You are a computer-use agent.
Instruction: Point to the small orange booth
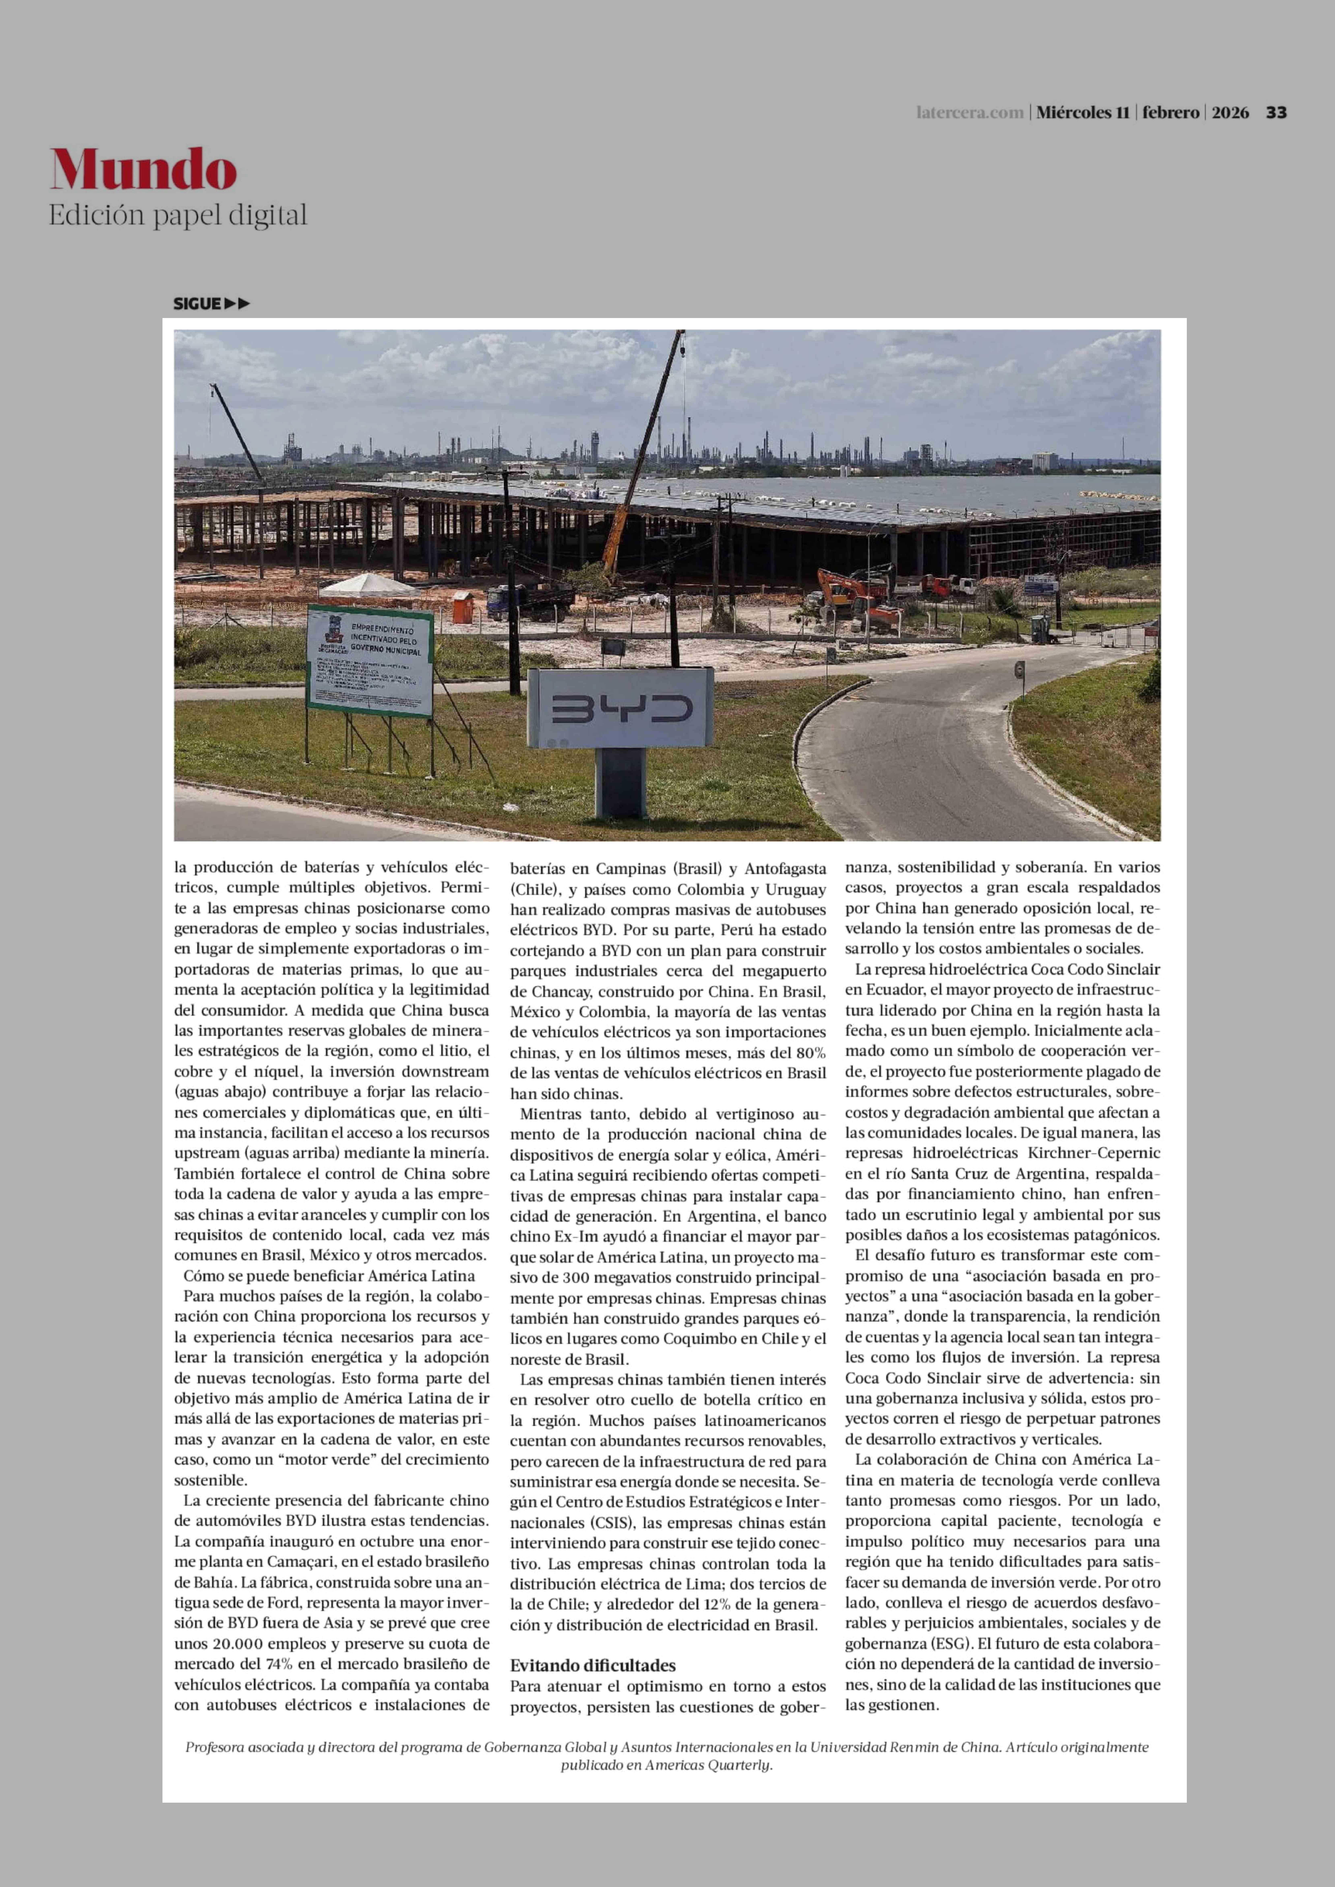[463, 606]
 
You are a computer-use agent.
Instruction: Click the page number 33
[1276, 113]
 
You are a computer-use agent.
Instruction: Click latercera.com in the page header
[970, 113]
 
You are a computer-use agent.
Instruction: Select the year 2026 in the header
[1231, 113]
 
